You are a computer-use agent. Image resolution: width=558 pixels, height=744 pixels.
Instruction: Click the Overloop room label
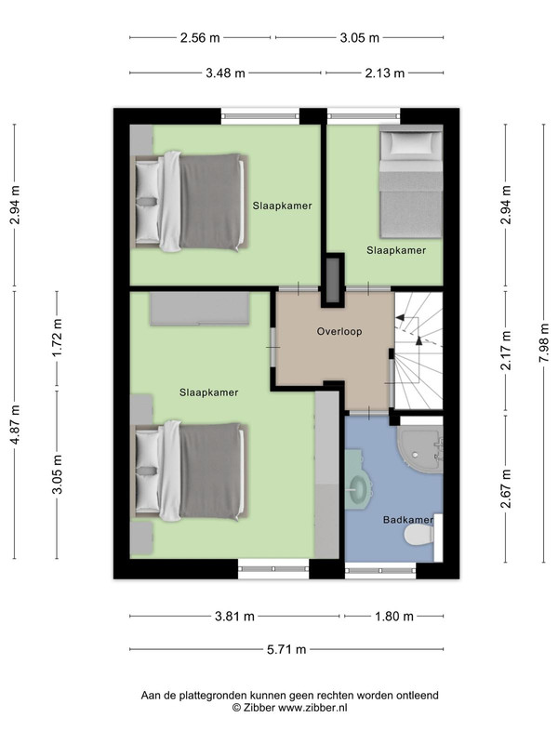339,331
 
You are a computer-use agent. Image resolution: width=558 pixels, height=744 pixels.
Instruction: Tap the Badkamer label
408,520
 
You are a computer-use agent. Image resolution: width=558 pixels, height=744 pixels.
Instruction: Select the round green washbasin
360,485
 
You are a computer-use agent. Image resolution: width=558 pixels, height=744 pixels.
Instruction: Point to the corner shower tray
419,449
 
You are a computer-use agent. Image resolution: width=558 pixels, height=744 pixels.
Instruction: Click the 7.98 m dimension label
544,342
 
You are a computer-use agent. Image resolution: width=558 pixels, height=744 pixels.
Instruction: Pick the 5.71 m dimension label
286,649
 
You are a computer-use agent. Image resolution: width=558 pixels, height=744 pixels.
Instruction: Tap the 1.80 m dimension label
394,617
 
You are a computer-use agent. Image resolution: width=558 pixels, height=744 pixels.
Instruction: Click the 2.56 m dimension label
200,37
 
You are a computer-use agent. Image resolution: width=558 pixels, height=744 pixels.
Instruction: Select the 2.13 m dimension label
385,73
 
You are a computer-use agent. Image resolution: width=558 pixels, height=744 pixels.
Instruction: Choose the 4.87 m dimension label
15,424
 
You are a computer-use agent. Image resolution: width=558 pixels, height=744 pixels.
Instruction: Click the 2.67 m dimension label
506,488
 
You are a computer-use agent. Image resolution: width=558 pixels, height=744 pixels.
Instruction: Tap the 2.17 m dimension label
506,351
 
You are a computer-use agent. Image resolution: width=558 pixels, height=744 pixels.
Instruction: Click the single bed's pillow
411,143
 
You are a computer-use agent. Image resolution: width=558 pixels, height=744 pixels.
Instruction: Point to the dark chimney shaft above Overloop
333,282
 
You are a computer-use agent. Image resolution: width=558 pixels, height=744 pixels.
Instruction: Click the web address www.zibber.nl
312,708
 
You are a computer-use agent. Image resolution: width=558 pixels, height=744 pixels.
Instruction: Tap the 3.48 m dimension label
225,73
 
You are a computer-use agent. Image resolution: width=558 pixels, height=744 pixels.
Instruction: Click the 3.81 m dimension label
235,617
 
